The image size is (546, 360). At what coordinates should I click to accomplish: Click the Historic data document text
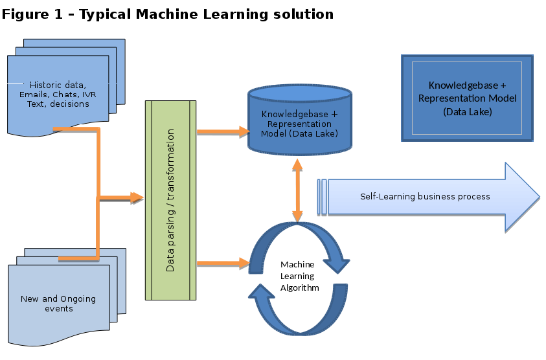pos(58,94)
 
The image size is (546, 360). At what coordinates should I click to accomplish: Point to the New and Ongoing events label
pos(58,303)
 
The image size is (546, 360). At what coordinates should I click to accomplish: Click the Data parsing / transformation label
pos(171,200)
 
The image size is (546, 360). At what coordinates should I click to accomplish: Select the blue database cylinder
pos(300,123)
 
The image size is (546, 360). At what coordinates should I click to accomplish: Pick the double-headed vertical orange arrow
pos(297,191)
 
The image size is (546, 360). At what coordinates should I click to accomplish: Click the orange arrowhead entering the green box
pos(137,197)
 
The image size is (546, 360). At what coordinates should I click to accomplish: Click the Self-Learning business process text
pos(425,196)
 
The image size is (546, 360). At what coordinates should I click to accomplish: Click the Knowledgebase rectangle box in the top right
pos(467,98)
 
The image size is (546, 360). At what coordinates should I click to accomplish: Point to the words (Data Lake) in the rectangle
pos(467,111)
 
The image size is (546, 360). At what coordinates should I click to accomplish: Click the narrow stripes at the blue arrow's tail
pos(322,197)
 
